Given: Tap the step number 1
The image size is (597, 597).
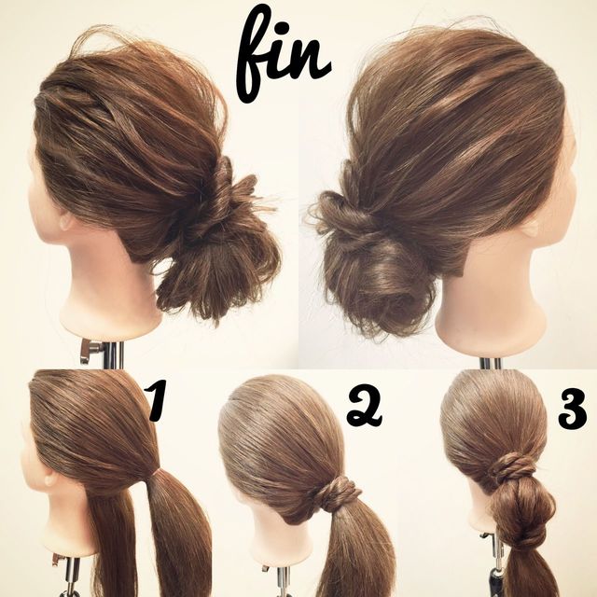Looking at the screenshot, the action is [x=157, y=401].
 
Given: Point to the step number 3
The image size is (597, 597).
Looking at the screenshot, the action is [x=572, y=410].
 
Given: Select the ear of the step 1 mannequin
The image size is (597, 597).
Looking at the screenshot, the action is [x=50, y=479].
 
